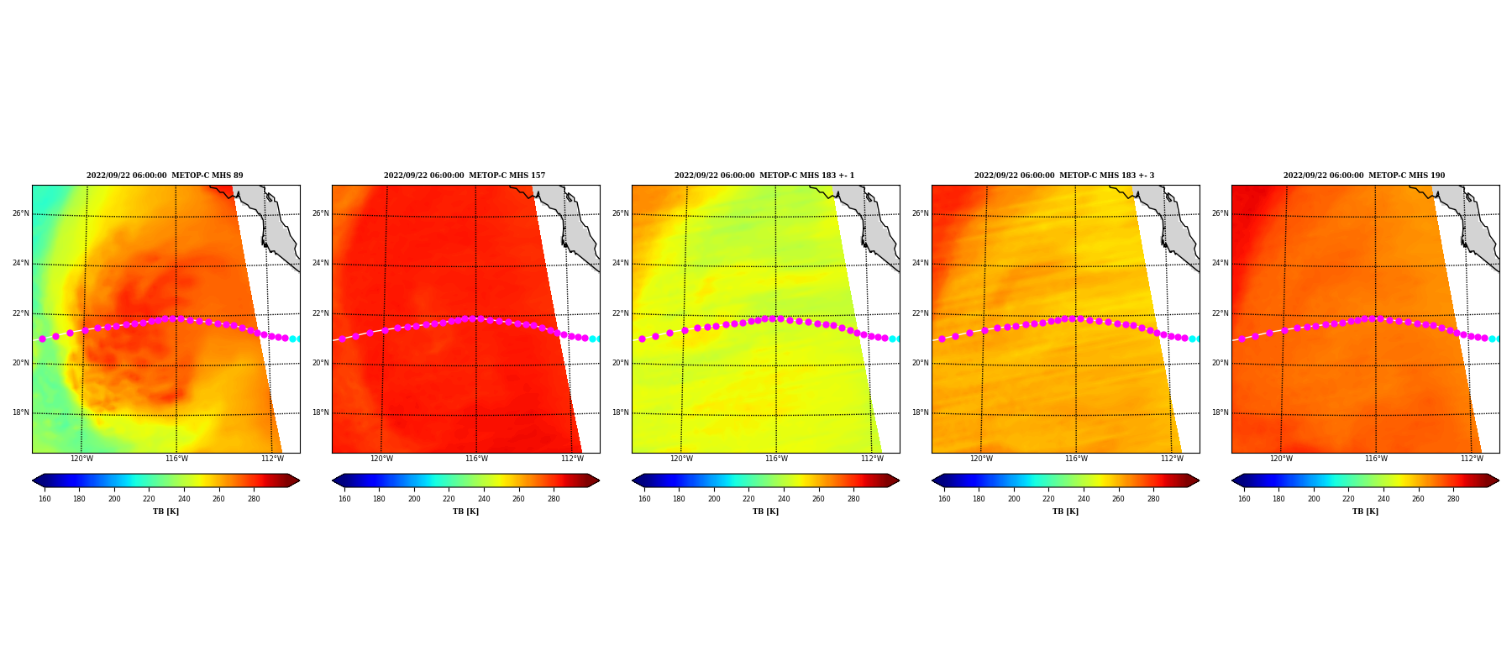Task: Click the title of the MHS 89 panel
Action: (165, 176)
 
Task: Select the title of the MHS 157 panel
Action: (465, 176)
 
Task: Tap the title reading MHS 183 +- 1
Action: (764, 176)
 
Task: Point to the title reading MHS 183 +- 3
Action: (1064, 176)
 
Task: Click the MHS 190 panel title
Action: (1364, 176)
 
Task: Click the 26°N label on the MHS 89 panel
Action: (21, 213)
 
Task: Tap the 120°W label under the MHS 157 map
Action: (381, 459)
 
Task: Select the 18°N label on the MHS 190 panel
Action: (1221, 412)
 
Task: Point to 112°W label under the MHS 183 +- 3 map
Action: (1172, 459)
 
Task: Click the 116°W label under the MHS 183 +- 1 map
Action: (776, 459)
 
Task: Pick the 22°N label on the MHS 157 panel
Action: (321, 313)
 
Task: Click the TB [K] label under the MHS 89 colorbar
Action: (165, 512)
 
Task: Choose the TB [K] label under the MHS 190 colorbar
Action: (1365, 512)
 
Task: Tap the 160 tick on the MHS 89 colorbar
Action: (45, 499)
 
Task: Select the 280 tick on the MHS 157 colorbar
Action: (554, 499)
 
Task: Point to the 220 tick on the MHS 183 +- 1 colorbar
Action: (748, 499)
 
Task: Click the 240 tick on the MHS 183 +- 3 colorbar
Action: (1084, 499)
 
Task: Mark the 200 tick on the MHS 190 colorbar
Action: (1314, 499)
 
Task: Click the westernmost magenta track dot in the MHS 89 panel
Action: (42, 339)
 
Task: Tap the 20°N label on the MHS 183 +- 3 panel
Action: (921, 363)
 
